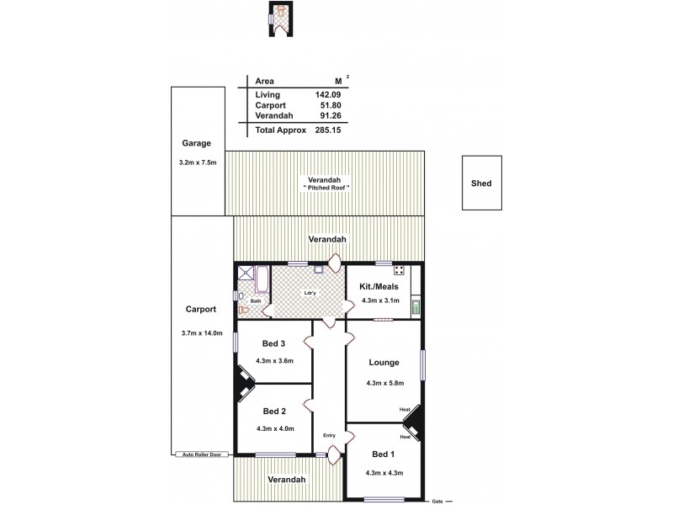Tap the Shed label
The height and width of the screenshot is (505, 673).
481,183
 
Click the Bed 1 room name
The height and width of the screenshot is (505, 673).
383,454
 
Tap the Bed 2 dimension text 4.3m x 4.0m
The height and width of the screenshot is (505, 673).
275,428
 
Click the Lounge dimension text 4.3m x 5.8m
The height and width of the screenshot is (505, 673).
386,383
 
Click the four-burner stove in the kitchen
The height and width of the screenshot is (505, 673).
400,271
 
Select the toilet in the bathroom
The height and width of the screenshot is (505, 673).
244,309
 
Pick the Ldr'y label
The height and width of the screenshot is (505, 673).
310,293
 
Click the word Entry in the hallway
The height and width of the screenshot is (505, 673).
329,435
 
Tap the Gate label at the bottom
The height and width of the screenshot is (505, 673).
437,500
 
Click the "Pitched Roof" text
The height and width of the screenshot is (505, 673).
326,187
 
